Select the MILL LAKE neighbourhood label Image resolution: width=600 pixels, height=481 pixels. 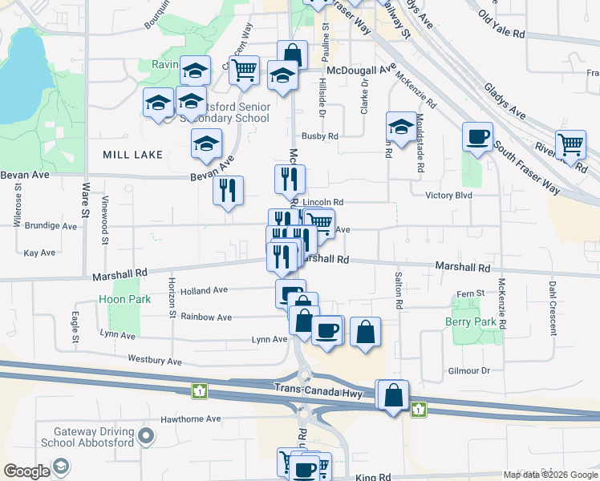pos(132,154)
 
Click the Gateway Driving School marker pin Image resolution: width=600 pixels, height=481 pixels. pos(145,437)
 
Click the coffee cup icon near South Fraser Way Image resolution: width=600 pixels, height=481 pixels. pos(478,136)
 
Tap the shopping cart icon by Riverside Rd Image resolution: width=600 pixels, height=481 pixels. pos(571,145)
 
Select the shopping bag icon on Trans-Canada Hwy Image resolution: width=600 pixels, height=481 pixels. pos(394,395)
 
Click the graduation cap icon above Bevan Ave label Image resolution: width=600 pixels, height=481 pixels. pos(206,144)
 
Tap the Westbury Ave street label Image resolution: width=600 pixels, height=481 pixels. pos(154,361)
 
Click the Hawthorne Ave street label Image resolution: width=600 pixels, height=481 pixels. pos(190,418)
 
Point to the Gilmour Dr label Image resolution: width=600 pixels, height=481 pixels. pos(469,370)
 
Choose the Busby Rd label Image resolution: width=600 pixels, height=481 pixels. pos(320,136)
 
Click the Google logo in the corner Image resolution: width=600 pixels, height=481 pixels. pos(26,471)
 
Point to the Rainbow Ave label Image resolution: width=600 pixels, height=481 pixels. pos(206,317)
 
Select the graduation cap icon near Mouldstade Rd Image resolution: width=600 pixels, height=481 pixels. pos(401,126)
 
